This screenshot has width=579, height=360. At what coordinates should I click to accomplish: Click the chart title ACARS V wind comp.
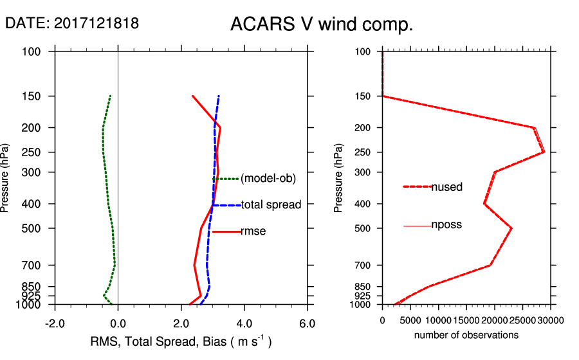[322, 25]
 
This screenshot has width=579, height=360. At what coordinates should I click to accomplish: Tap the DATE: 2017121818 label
[72, 23]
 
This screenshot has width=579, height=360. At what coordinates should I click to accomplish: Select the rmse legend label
[253, 231]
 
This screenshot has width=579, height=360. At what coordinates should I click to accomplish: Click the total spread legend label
[271, 205]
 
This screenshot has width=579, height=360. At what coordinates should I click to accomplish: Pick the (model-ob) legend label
[268, 179]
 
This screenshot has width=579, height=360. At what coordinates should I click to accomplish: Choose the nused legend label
[446, 187]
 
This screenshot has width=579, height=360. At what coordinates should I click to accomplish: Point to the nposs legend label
[446, 225]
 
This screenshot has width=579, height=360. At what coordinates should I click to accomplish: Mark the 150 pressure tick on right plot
[364, 96]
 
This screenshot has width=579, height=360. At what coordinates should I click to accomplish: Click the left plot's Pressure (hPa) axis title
[6, 177]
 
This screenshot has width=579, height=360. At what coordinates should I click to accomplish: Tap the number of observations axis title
[466, 335]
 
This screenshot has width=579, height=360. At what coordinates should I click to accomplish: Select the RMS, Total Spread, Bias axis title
[181, 341]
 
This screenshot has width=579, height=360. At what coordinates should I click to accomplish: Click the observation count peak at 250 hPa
[544, 152]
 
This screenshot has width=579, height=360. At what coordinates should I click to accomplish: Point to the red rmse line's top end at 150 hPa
[192, 96]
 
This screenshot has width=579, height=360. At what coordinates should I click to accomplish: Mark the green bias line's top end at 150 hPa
[111, 96]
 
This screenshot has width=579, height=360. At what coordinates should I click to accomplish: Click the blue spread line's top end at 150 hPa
[219, 96]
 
